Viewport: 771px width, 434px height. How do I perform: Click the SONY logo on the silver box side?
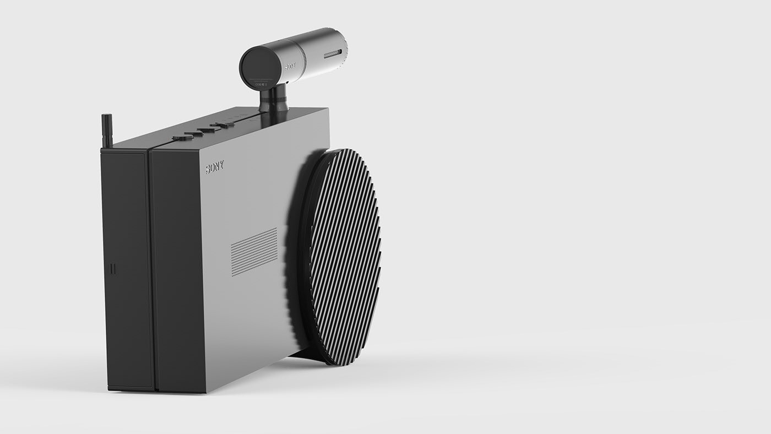215,167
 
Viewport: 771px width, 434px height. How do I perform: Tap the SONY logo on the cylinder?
290,66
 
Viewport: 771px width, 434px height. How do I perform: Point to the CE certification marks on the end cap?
261,84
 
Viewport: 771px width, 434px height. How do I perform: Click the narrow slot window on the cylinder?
333,53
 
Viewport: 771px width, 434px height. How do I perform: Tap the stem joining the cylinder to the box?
274,99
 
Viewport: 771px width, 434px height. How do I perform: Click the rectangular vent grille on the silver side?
254,251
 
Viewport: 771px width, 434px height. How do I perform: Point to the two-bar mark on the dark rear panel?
113,269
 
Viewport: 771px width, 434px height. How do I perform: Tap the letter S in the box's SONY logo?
208,169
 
